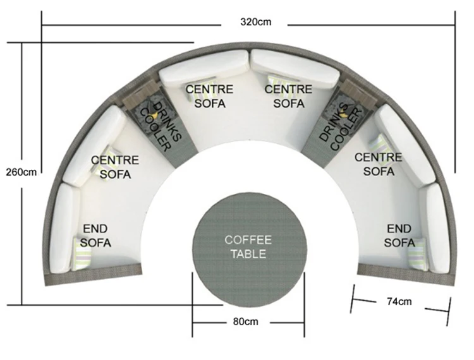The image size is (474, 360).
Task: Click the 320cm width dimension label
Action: [255, 22]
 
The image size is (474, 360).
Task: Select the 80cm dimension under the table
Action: [246, 321]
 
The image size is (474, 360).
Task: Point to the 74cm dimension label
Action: [399, 301]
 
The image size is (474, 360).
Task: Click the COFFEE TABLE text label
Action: [248, 247]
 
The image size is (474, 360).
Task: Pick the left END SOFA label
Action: [96, 235]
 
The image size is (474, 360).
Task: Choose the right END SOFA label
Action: [399, 235]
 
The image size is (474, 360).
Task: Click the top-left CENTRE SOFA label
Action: [209, 96]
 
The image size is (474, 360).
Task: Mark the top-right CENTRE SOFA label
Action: [288, 96]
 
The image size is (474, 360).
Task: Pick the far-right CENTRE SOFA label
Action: [379, 164]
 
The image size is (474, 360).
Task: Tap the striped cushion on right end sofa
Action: [417, 253]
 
